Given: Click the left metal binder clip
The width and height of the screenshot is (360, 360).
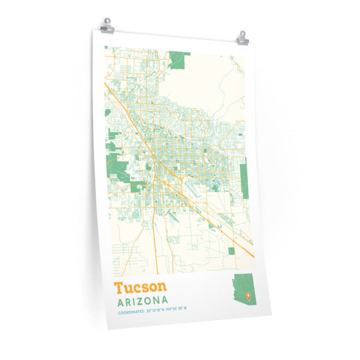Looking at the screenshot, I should (x=107, y=26).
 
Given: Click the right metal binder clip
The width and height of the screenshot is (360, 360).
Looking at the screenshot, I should (x=242, y=37).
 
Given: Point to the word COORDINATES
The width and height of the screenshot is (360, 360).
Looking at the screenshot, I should (x=130, y=312).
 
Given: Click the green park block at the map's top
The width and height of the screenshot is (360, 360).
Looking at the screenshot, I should (x=179, y=59).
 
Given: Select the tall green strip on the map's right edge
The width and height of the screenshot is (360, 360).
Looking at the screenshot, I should (x=244, y=174).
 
